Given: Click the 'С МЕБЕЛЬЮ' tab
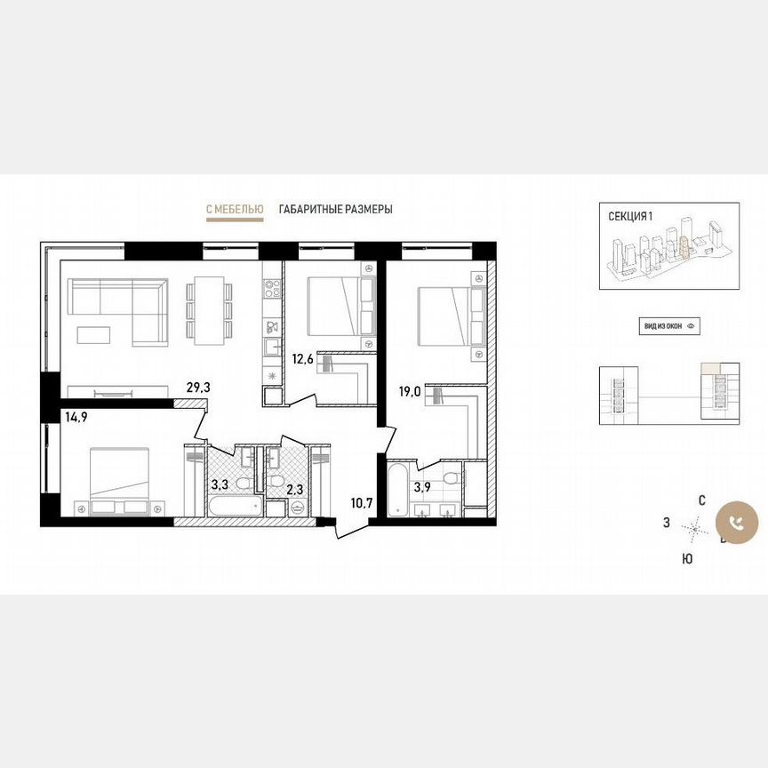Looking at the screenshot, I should [x=234, y=210].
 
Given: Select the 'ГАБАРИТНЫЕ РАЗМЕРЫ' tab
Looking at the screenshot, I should [x=335, y=210].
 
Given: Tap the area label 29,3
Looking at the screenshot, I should [x=198, y=388].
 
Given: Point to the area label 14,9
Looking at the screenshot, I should [x=76, y=414].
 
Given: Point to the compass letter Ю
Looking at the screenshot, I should [x=687, y=558].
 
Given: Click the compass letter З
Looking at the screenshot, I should [x=666, y=524].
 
